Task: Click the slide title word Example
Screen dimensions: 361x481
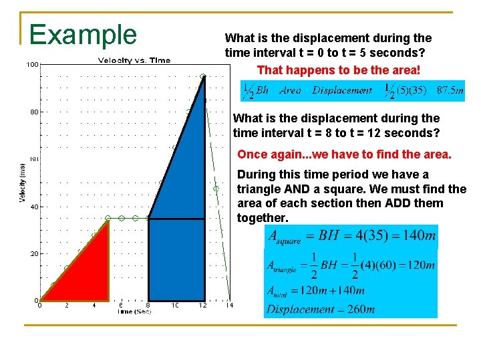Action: (x=83, y=34)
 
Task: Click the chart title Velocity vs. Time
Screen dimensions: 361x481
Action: (x=134, y=61)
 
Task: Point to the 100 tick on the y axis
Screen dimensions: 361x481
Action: (x=31, y=65)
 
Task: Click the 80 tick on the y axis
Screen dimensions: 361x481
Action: (x=33, y=112)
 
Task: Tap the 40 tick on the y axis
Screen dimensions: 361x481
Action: (x=33, y=207)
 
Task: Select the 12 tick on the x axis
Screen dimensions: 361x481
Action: (x=202, y=306)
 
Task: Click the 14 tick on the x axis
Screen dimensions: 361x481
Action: (x=229, y=306)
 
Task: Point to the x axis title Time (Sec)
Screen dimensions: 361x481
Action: (x=134, y=312)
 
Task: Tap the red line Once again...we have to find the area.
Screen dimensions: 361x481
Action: (x=344, y=154)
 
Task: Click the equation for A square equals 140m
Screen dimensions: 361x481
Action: (x=351, y=235)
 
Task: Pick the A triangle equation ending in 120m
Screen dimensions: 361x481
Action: (x=351, y=265)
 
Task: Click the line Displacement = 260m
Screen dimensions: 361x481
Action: (x=321, y=309)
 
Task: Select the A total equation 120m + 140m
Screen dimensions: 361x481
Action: (x=316, y=290)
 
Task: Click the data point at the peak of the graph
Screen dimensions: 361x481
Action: (x=203, y=76)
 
